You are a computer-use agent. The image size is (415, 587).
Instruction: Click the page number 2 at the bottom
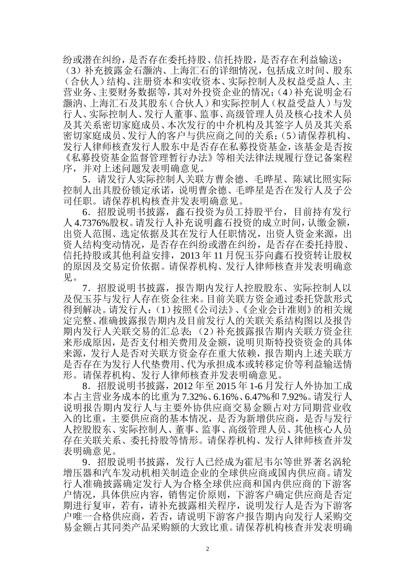pyautogui.click(x=207, y=549)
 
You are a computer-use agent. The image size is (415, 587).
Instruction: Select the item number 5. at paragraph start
pyautogui.click(x=86, y=179)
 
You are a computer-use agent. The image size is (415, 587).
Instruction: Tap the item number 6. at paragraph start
pyautogui.click(x=86, y=211)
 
